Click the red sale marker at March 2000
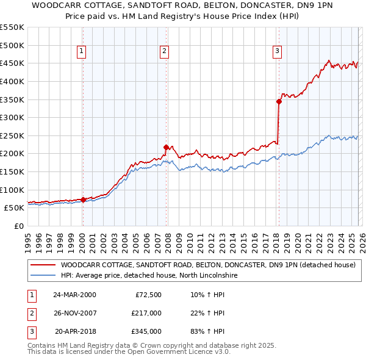(83, 200)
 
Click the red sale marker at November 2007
(166, 147)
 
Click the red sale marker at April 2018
(279, 101)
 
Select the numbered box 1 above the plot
(82, 52)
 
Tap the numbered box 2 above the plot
(165, 52)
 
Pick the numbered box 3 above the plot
(277, 52)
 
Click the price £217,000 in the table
(146, 313)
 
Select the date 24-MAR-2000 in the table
(74, 295)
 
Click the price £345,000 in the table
(146, 331)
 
